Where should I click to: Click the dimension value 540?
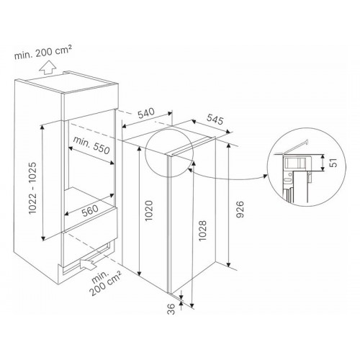point(146,113)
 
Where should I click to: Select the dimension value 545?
point(215,120)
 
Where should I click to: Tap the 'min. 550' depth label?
point(91,145)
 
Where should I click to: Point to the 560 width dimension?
point(90,210)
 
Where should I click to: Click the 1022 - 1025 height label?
point(32,188)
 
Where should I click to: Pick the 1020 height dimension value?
point(149,210)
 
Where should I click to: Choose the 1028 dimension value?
point(202,230)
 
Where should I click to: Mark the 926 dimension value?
point(240,210)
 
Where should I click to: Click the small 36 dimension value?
point(171,309)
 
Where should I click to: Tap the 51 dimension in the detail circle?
point(334,163)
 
